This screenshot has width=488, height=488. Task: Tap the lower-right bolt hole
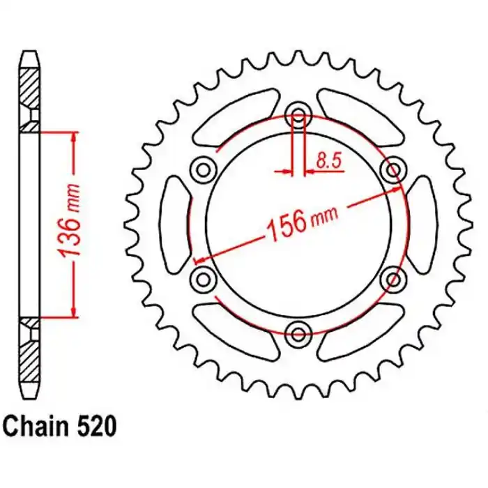pos(395,279)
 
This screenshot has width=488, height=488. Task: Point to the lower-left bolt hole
pos(204,279)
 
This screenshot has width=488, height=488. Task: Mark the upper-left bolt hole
pos(204,168)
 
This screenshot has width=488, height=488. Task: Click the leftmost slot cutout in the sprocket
pos(175,223)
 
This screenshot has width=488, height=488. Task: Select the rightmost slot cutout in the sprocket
pos(422,223)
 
